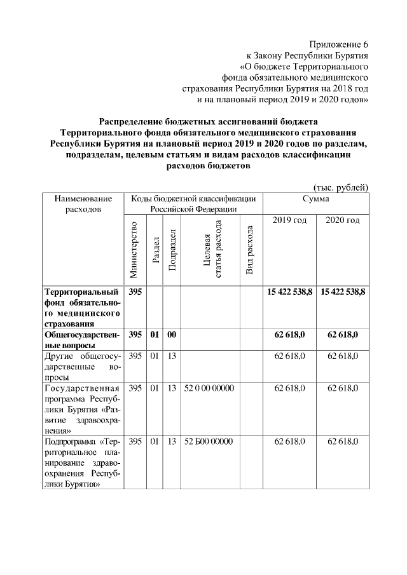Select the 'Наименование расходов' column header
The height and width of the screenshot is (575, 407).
coord(83,203)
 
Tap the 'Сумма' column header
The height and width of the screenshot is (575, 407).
coord(316,199)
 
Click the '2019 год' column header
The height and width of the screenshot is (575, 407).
coord(289,220)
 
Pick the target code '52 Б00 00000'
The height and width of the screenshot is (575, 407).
coord(209,441)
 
